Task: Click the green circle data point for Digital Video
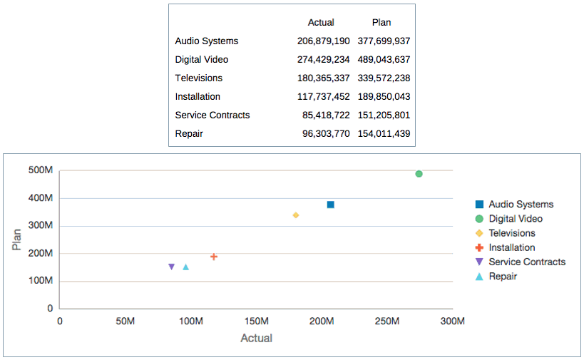(x=419, y=174)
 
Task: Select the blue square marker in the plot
(x=331, y=205)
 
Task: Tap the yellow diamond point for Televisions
(x=296, y=215)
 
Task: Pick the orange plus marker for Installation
(x=214, y=257)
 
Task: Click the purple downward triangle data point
(x=171, y=267)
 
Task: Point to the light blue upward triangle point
(x=186, y=267)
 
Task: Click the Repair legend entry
(x=502, y=276)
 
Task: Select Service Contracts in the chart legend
(x=526, y=262)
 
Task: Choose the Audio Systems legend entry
(x=521, y=205)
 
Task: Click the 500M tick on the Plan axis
(x=41, y=170)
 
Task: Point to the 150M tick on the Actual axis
(x=256, y=322)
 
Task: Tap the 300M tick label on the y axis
(x=41, y=226)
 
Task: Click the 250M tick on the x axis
(x=387, y=322)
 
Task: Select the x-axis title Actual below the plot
(x=256, y=338)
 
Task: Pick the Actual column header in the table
(x=321, y=23)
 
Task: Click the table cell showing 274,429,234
(x=323, y=60)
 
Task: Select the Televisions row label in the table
(x=199, y=78)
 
